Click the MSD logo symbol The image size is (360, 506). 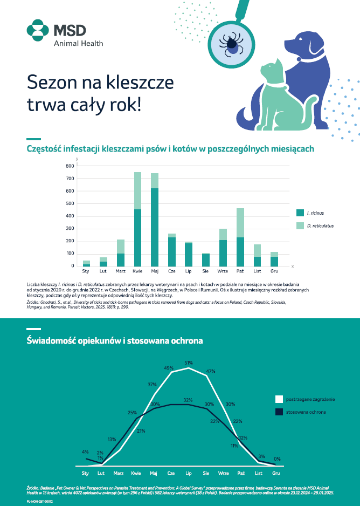click(37, 30)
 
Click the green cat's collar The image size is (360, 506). click(276, 85)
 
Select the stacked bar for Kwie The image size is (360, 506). click(137, 218)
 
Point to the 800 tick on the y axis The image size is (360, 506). click(70, 166)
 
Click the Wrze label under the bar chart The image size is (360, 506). click(223, 272)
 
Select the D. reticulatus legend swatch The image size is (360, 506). click(300, 225)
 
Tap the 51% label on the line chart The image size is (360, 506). click(189, 363)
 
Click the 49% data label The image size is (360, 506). click(168, 368)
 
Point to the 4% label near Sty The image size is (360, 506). click(85, 452)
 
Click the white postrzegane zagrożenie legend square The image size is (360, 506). click(279, 399)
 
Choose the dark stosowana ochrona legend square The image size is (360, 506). click(279, 412)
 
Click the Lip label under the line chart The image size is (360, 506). click(189, 473)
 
